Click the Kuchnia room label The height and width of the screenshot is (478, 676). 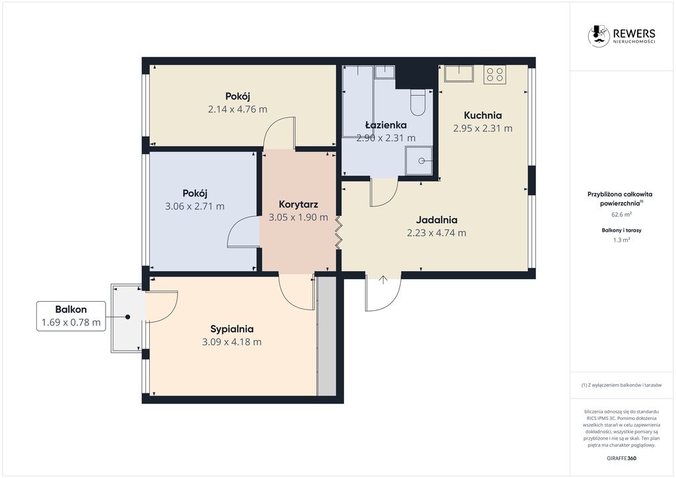pos(483,116)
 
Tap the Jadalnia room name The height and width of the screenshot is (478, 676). pos(436,220)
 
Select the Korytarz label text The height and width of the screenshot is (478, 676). pos(298,204)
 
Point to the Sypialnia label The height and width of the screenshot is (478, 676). pos(232,329)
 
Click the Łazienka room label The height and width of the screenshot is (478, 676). pos(386,125)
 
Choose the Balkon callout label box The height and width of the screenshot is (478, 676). pos(71,316)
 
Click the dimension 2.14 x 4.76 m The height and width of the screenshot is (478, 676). pos(238,110)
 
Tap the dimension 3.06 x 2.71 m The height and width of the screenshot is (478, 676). pos(195,207)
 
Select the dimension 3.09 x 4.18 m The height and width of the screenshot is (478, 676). pos(232,342)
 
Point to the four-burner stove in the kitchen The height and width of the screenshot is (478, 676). pos(494,75)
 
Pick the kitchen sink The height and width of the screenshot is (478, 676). pos(459,73)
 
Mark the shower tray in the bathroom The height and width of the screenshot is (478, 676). pos(419,161)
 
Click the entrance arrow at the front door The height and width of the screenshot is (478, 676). pos(384,280)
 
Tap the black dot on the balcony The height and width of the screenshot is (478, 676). pos(127,317)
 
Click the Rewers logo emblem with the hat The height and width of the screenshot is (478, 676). pos(599,36)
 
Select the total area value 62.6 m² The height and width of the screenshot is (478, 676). pos(622,214)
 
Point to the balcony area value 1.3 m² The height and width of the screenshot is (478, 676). pos(622,240)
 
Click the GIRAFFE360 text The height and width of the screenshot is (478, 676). pos(622,458)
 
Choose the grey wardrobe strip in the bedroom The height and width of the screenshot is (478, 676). pos(326,336)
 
